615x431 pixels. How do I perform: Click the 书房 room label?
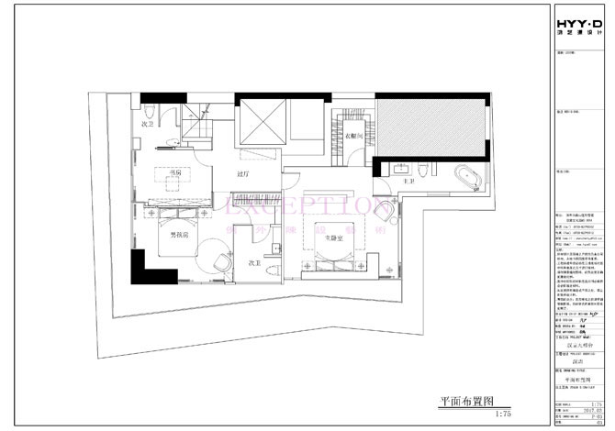click(170, 170)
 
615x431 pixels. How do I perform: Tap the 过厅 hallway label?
click(243, 171)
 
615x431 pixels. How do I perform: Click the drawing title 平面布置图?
click(468, 401)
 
